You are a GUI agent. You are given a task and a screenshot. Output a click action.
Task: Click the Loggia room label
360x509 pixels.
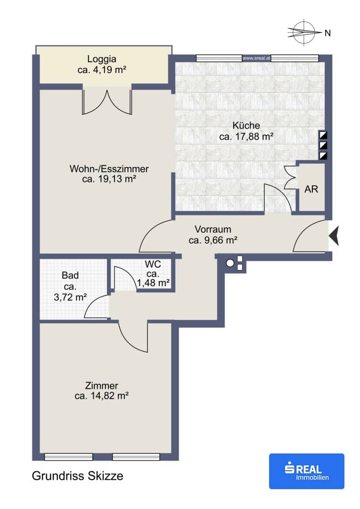[102, 59]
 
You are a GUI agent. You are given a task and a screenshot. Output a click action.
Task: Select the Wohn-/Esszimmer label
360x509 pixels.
[109, 169]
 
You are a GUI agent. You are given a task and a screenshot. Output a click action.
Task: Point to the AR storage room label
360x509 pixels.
[311, 189]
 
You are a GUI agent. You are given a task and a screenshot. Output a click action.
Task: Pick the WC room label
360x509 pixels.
[153, 264]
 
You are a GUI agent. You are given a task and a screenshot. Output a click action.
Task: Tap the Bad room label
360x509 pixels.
[70, 275]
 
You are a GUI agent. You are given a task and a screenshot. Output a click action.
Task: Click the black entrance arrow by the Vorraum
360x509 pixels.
[334, 235]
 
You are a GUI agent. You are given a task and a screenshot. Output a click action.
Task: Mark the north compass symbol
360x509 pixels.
[304, 32]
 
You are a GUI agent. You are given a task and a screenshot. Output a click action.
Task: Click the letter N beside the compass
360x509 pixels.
[327, 33]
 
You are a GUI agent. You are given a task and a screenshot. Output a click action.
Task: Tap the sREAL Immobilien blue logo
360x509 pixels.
[306, 471]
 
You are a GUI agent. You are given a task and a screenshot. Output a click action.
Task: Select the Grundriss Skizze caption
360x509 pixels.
[78, 476]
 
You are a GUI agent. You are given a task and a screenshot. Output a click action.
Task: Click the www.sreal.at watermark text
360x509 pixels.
[256, 58]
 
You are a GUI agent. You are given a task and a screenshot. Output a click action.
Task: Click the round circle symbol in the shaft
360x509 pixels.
[230, 263]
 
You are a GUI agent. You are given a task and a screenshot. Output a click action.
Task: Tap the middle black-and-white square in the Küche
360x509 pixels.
[323, 145]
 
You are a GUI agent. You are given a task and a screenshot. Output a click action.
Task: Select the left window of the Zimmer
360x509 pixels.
[68, 457]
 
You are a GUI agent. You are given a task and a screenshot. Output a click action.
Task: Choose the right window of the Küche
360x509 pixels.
[295, 58]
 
